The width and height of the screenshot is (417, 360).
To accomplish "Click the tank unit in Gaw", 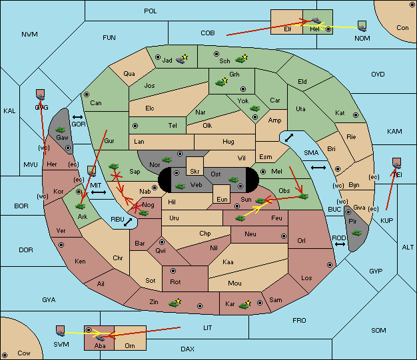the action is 61,130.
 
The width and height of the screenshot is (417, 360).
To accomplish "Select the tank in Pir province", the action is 356,233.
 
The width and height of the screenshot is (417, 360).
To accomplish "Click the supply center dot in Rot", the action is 173,271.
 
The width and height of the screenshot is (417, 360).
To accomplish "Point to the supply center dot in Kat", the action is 356,115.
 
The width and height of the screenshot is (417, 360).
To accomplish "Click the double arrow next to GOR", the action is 77,117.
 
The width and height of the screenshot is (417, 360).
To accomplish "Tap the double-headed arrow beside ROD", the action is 340,244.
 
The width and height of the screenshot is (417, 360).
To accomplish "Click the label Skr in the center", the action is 195,172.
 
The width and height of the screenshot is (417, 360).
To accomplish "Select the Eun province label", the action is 222,199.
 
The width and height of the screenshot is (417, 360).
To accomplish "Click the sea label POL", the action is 151,11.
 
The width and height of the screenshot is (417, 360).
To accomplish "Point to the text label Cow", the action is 24,353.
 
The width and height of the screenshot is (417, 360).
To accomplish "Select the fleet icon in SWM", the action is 61,331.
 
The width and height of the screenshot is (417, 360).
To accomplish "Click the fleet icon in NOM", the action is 362,27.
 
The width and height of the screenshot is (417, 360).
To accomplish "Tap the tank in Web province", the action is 180,186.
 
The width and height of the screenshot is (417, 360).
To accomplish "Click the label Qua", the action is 129,74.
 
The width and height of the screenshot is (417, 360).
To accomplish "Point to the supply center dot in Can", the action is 87,94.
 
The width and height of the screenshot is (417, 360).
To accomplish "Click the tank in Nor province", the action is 167,160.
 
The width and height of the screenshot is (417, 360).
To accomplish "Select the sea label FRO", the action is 299,321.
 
